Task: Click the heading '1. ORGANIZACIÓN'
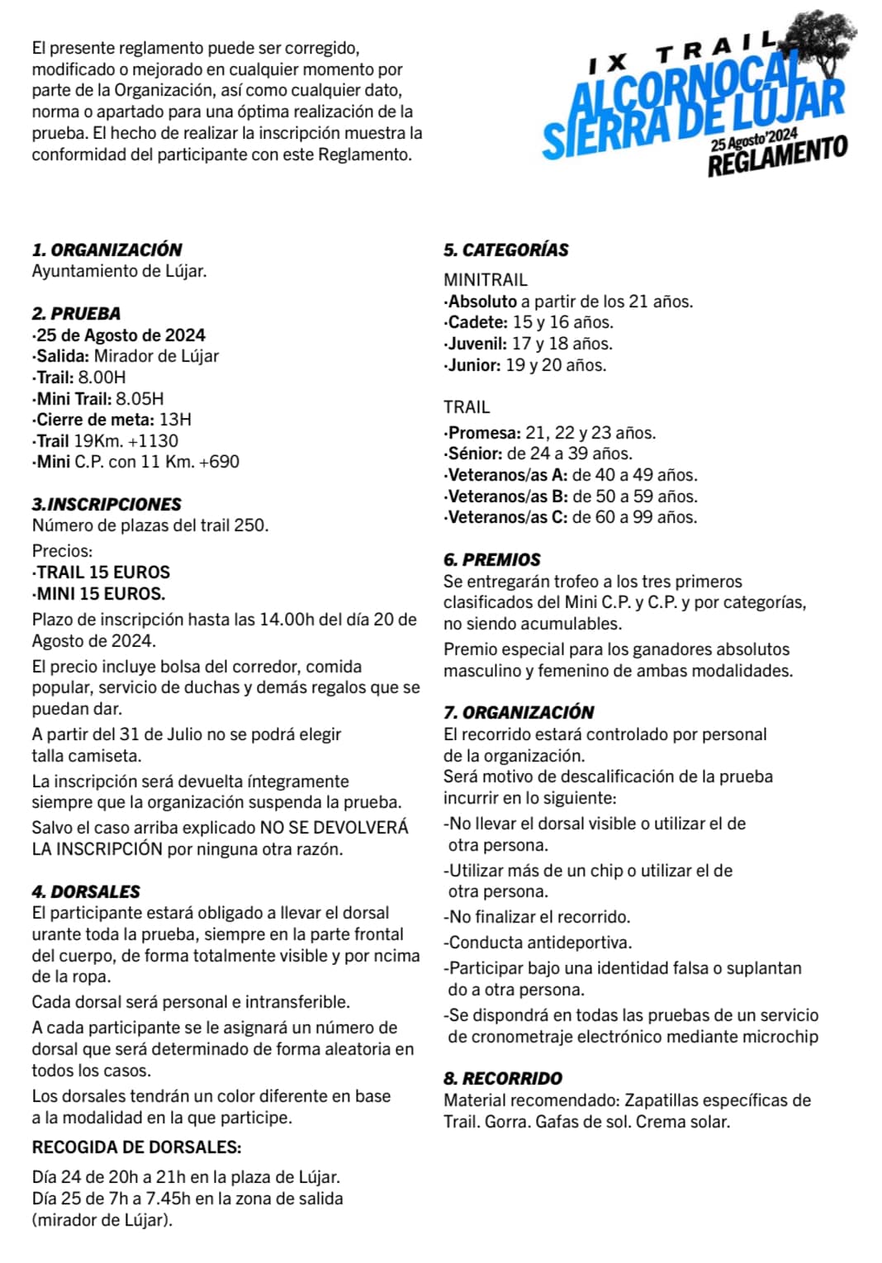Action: [107, 249]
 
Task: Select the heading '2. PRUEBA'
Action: [76, 313]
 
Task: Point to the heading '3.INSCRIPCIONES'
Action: [107, 504]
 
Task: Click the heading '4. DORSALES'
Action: [86, 891]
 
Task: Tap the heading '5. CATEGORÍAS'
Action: [505, 249]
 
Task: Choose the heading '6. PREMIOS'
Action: [491, 559]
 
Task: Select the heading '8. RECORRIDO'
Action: [502, 1078]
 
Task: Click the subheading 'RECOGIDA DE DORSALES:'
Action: [136, 1147]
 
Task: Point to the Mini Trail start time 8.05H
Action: [140, 398]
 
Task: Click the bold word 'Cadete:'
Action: [478, 322]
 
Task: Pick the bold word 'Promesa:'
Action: [484, 432]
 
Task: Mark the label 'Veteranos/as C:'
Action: [507, 517]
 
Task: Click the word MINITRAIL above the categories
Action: [485, 279]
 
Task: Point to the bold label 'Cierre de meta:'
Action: [95, 420]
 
